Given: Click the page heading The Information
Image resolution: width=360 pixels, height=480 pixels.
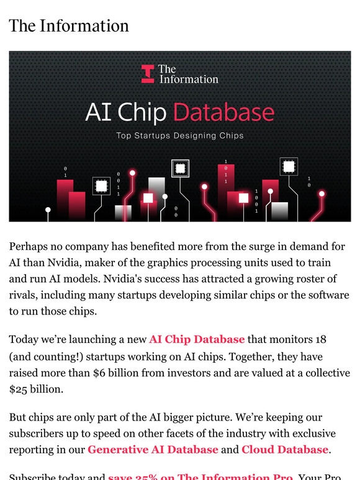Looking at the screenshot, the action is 69,26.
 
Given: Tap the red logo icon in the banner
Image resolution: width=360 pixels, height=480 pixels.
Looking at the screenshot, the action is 147,74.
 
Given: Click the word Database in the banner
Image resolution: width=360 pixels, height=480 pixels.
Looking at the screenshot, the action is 223,112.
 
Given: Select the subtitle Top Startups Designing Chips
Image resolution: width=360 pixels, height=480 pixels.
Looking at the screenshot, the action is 180,135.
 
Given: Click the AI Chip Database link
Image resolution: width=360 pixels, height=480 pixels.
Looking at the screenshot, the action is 197,340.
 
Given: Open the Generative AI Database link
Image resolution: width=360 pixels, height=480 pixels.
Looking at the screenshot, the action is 153,450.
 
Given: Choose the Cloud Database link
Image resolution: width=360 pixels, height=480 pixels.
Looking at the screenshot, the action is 284,450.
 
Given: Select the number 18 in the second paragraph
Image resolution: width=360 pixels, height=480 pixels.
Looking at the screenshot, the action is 320,340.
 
